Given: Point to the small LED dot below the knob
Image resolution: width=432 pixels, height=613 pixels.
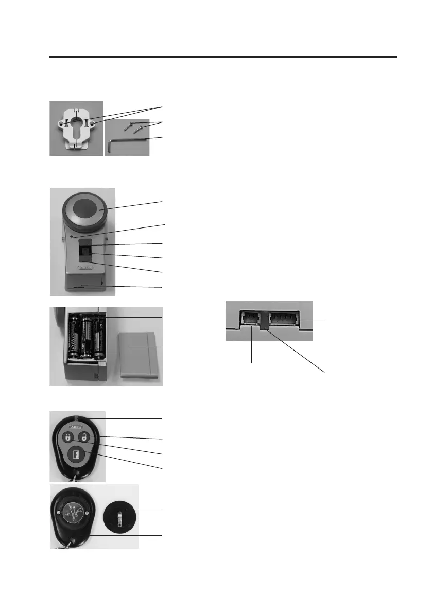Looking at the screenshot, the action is pyautogui.click(x=73, y=237).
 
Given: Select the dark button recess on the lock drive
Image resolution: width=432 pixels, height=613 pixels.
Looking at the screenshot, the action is pyautogui.click(x=86, y=252).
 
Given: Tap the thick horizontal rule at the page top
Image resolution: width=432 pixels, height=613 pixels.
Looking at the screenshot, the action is pyautogui.click(x=223, y=57).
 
